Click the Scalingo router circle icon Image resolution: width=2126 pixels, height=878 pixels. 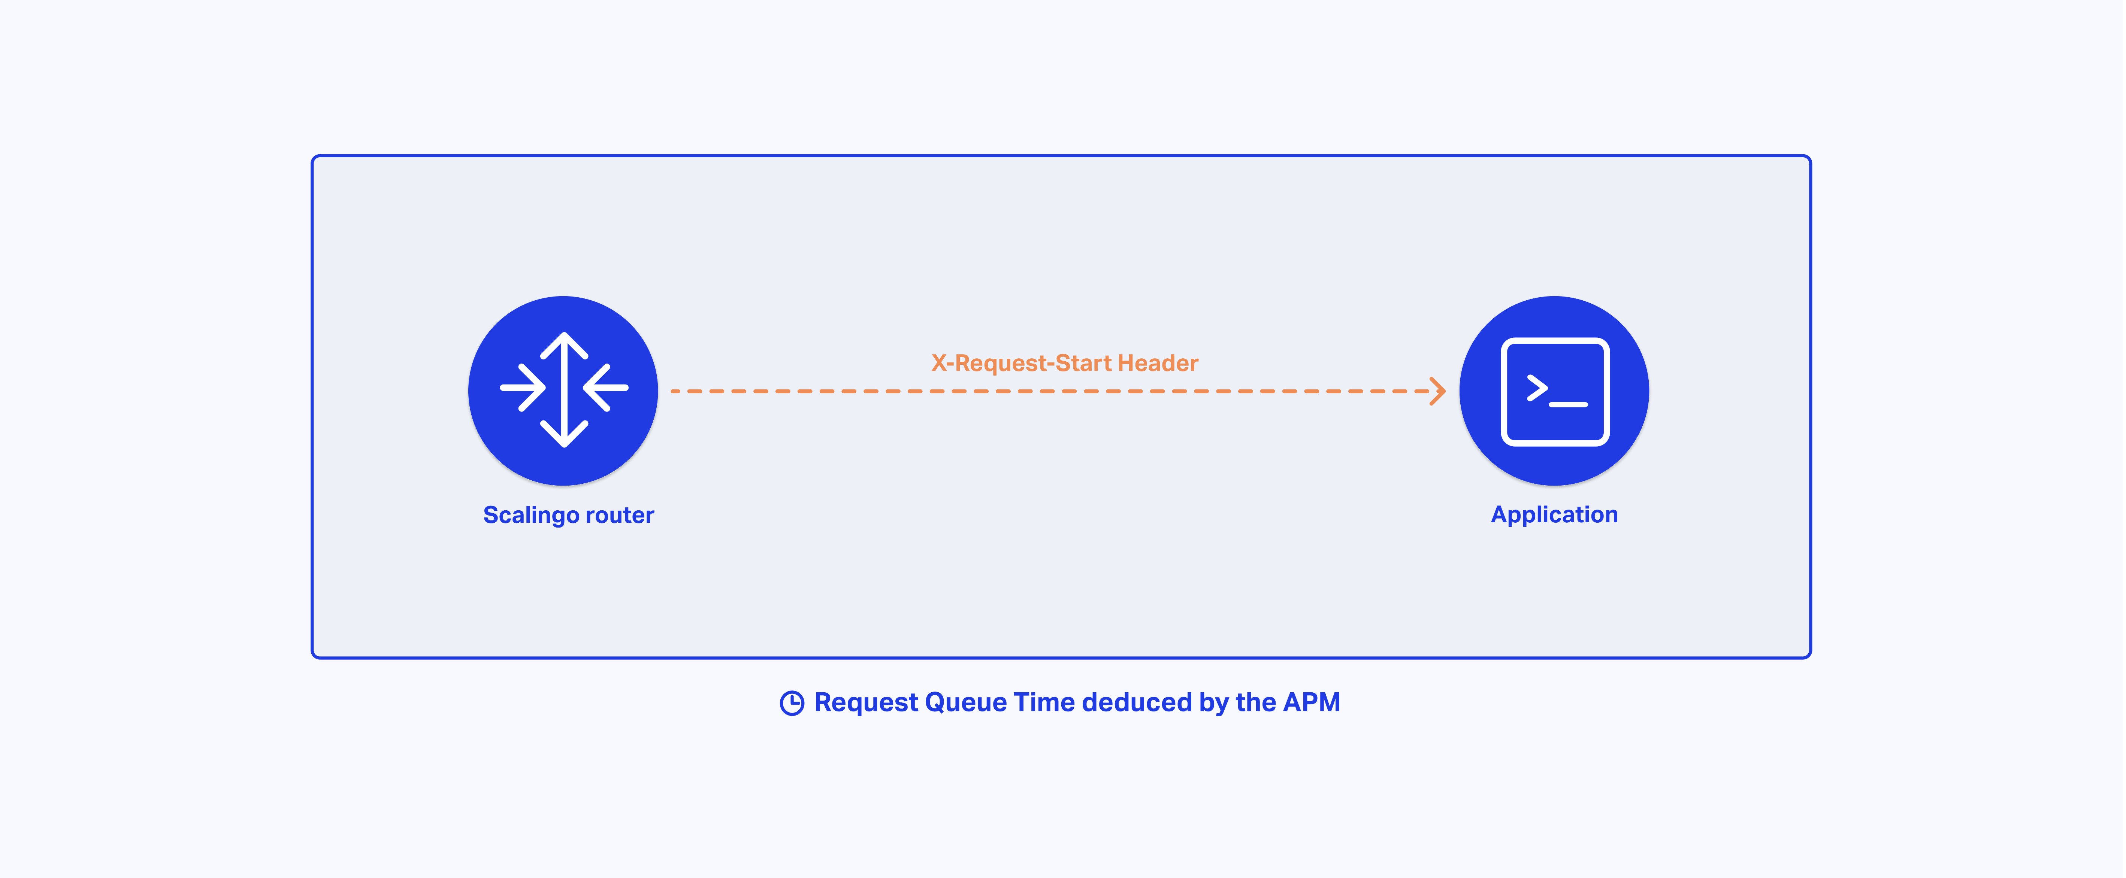coord(563,390)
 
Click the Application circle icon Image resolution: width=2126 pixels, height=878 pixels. coord(1554,390)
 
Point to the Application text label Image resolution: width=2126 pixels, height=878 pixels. coord(1554,515)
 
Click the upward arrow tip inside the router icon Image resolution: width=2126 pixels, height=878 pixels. coord(564,334)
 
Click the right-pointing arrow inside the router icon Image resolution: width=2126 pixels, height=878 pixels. coord(523,387)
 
